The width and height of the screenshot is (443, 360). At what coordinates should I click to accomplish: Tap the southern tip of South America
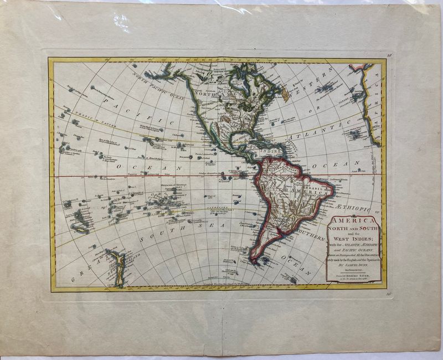[254, 259]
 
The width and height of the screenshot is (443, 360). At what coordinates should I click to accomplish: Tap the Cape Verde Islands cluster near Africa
[354, 133]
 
